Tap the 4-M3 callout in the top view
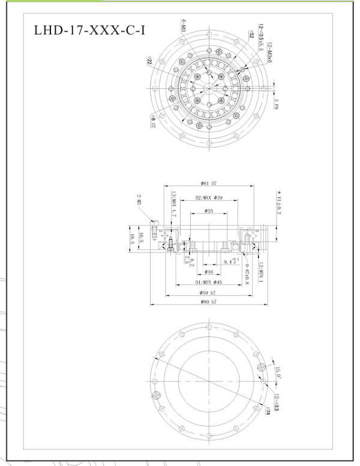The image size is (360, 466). (x=183, y=26)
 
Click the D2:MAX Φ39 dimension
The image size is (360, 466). (x=209, y=197)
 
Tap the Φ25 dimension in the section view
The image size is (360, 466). (x=209, y=211)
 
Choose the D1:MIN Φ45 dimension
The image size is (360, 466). (x=209, y=281)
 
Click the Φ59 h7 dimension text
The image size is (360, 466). (x=209, y=292)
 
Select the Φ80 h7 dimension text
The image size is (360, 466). (x=209, y=301)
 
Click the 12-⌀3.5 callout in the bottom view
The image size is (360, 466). (x=276, y=401)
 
